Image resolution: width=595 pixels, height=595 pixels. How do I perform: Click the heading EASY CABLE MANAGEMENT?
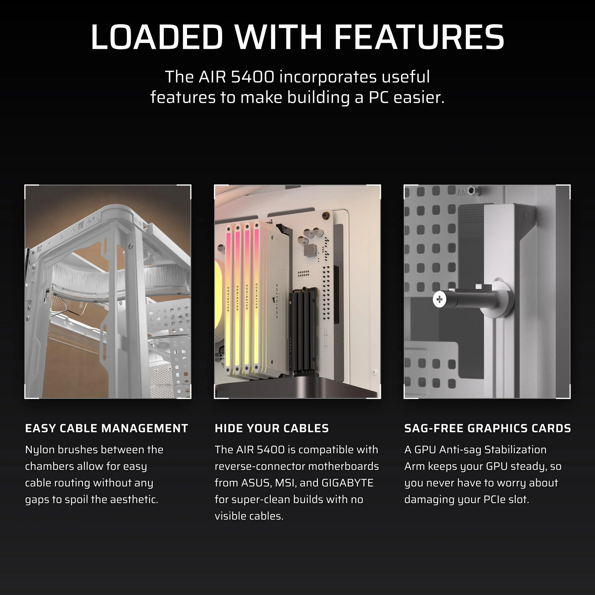click(107, 428)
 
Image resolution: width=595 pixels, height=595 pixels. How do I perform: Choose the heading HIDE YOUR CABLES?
click(272, 428)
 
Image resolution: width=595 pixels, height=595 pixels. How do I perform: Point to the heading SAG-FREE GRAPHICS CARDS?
click(488, 428)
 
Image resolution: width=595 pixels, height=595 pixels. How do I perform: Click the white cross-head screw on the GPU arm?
click(439, 299)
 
